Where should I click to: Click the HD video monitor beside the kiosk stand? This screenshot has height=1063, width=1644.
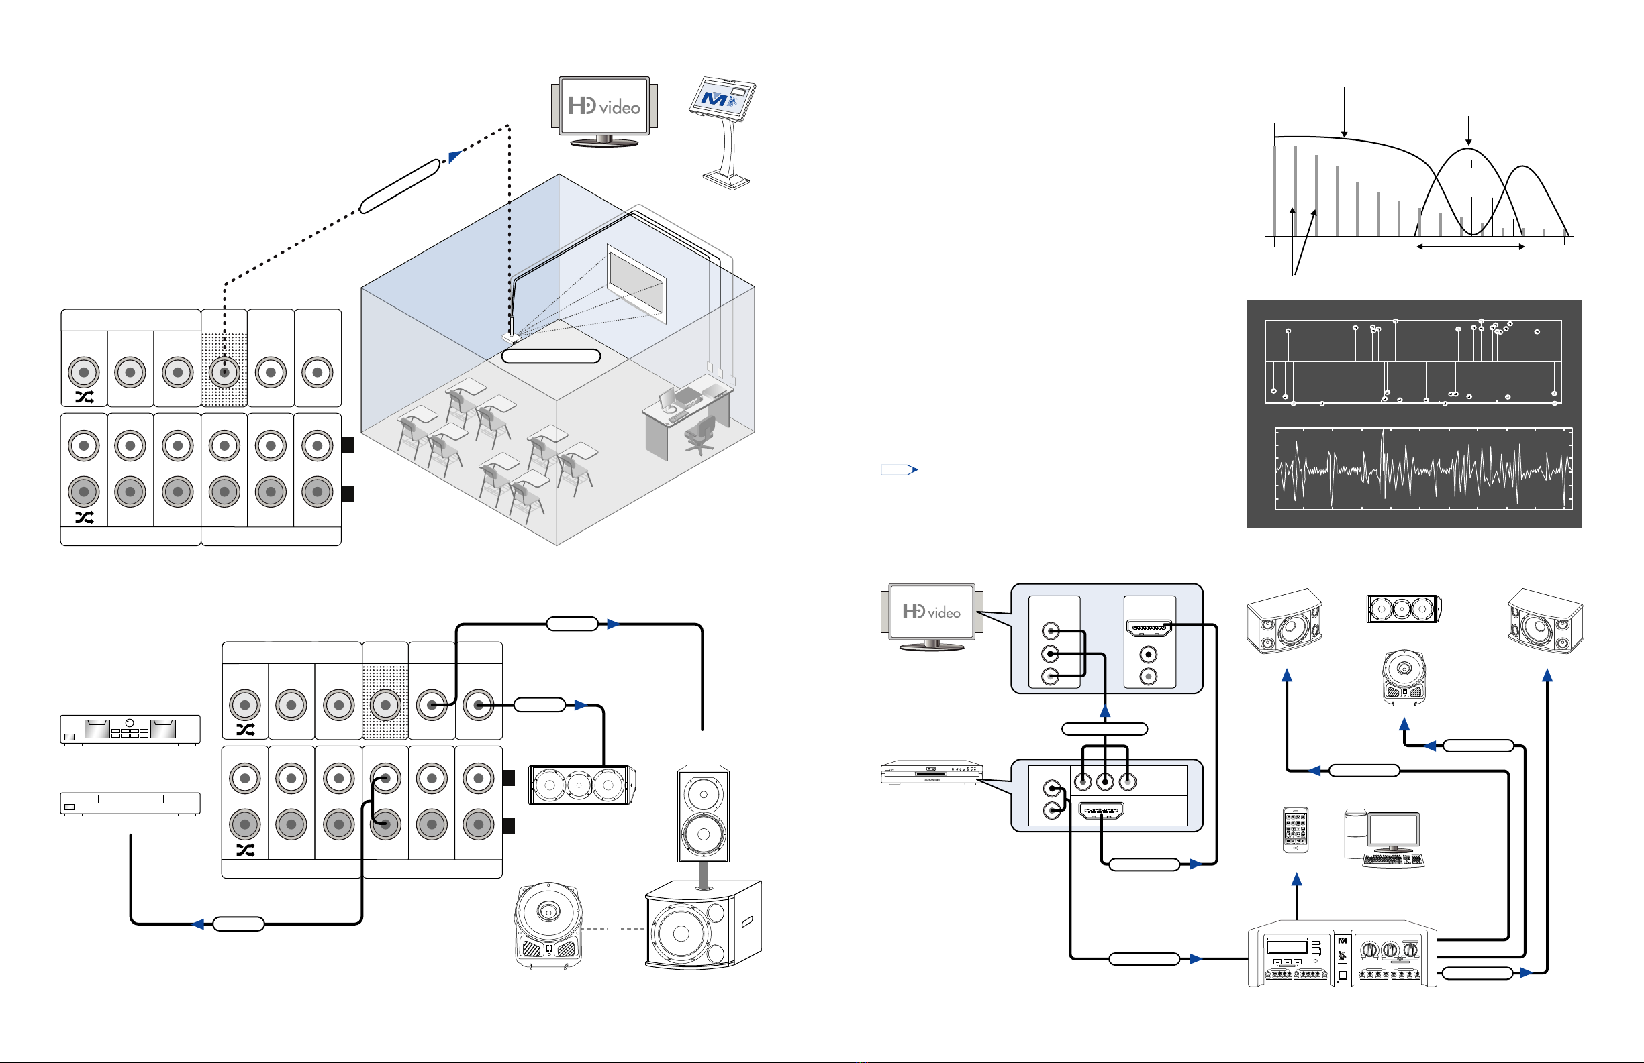coord(604,111)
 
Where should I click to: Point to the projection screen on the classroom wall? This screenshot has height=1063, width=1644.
coord(636,283)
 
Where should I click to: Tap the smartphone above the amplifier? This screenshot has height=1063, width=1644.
coord(1295,830)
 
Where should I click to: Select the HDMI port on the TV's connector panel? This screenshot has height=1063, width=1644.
coord(1149,628)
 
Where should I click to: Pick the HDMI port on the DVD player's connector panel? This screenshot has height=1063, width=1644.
coord(1101,810)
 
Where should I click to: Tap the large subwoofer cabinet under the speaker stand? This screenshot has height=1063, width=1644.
coord(704,925)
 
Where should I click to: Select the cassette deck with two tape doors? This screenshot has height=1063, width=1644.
coord(130,730)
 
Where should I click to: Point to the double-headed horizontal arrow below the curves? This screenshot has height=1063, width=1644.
coord(1471,246)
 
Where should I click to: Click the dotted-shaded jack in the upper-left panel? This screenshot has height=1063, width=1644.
coord(224,373)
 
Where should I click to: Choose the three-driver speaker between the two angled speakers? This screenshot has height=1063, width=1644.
coord(1403,609)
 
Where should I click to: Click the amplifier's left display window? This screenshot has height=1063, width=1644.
coord(1288,946)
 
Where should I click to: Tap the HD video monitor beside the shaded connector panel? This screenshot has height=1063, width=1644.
coord(932,617)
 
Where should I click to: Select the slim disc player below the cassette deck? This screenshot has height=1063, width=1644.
coord(130,804)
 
